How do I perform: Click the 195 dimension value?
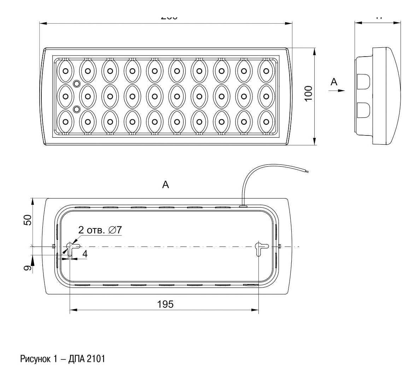(165, 304)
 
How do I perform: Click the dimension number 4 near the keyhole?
(85, 254)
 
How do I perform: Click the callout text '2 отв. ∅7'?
(100, 230)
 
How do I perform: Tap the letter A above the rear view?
(165, 185)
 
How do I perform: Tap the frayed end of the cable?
(307, 172)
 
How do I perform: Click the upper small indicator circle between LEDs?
(76, 83)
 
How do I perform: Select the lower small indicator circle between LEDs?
(76, 109)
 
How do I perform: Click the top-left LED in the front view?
(66, 70)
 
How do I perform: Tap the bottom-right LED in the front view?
(266, 122)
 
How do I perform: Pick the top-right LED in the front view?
(266, 70)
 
